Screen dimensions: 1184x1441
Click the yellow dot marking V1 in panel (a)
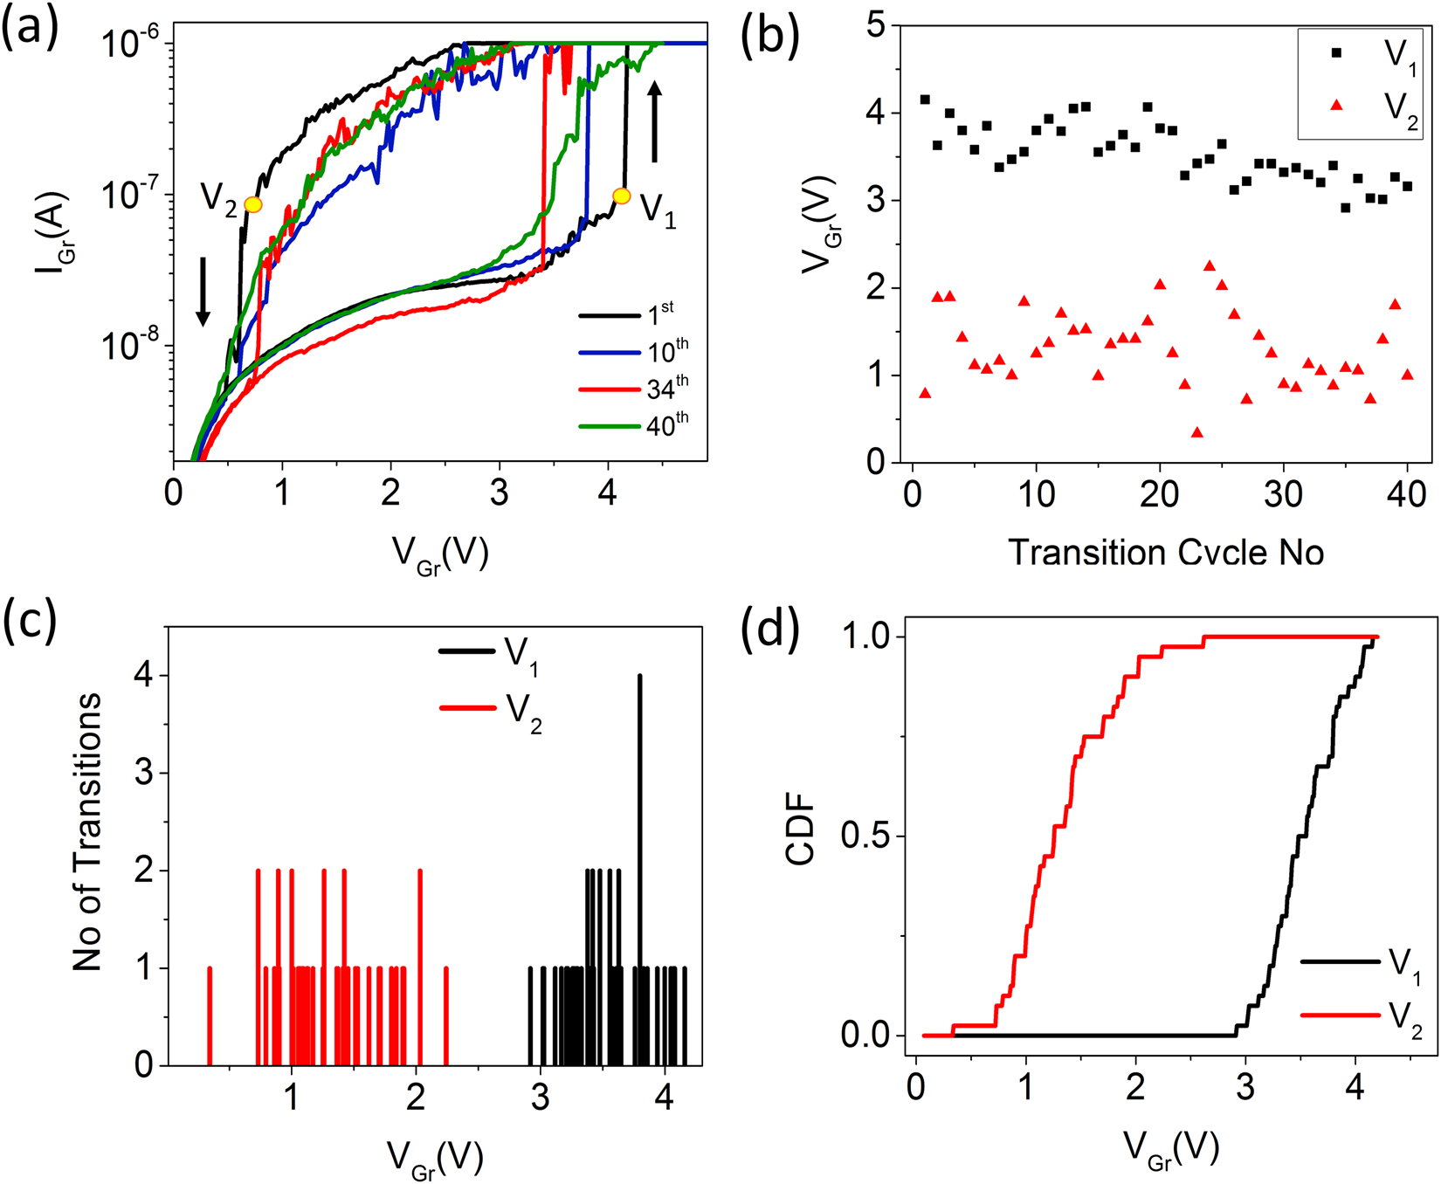coord(621,196)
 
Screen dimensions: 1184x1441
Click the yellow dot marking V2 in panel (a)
coord(253,204)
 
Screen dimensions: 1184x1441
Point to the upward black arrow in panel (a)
coord(655,122)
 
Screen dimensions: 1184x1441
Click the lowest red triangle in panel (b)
coord(1196,432)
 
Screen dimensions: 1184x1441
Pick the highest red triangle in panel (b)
coord(1209,265)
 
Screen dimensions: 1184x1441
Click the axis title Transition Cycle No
coord(1165,552)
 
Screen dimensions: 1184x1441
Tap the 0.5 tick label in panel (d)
coord(865,836)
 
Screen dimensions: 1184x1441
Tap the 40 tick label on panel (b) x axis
coord(1407,494)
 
